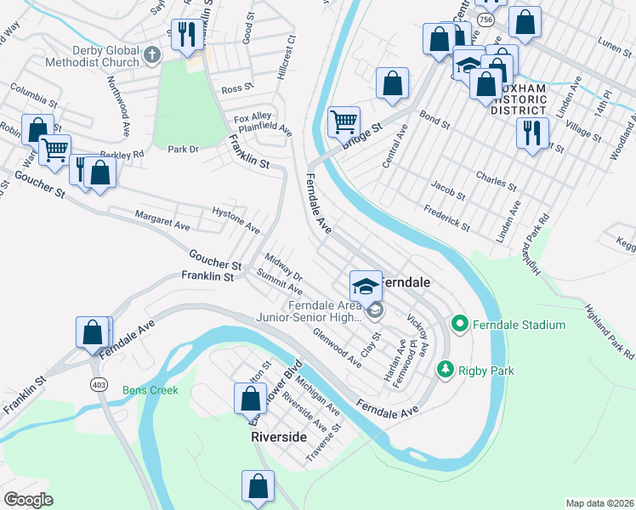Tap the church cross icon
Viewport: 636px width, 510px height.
pos(152,55)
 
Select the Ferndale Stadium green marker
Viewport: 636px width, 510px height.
pos(459,324)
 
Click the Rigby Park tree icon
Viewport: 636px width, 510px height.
pos(444,369)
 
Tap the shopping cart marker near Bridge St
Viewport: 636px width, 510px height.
pos(344,122)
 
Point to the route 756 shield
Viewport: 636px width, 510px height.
pos(485,18)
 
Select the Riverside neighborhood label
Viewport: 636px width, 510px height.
pos(278,436)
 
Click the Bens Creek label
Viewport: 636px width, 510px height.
pos(150,390)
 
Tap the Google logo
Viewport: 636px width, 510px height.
pos(28,499)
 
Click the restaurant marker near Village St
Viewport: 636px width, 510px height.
pos(532,133)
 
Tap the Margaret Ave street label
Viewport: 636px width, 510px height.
pos(162,219)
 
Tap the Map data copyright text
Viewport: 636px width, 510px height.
pos(599,502)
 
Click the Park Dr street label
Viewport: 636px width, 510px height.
pos(183,149)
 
